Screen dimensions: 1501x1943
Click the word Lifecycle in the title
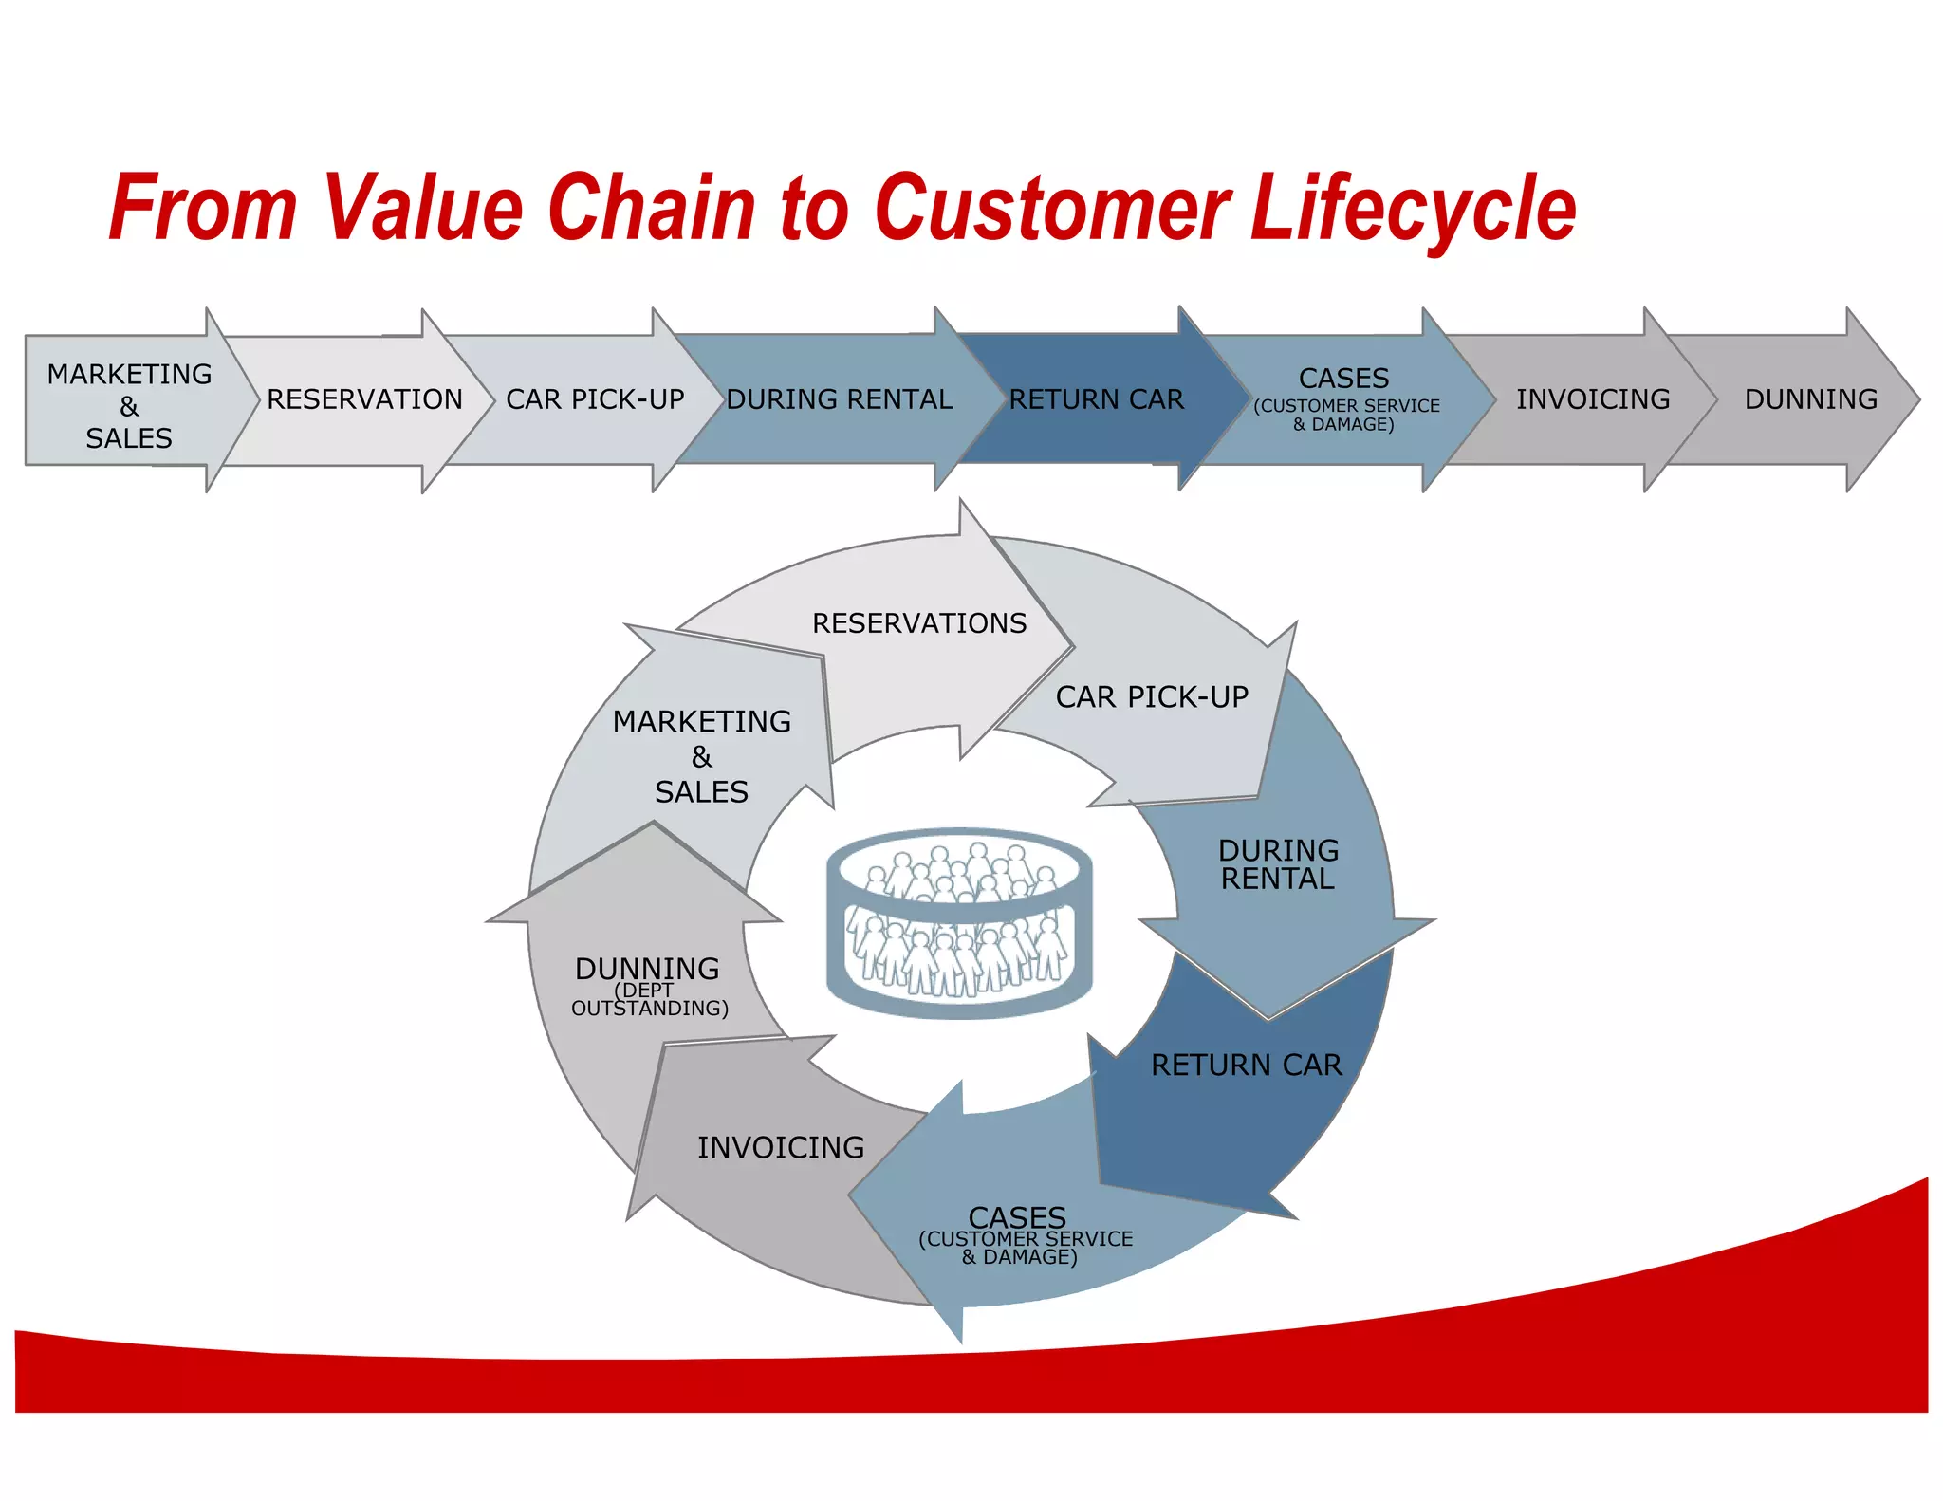(x=1413, y=209)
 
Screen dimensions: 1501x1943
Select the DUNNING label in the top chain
(x=1810, y=399)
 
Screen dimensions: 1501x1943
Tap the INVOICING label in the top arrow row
(x=1592, y=399)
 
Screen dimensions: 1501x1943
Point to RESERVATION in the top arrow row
(x=364, y=399)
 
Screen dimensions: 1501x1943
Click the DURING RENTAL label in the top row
(x=839, y=399)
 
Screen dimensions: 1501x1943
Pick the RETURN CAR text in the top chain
(x=1096, y=399)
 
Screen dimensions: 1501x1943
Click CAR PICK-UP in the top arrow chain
(x=595, y=399)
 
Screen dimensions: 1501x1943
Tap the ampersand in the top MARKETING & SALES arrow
(x=129, y=407)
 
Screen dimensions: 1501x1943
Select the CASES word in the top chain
(x=1343, y=379)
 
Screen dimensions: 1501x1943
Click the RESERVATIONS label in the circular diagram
(x=918, y=623)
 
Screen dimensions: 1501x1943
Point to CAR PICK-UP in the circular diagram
(x=1151, y=697)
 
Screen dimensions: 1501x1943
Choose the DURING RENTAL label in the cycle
(x=1277, y=864)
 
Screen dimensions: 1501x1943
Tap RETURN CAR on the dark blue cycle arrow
(x=1246, y=1066)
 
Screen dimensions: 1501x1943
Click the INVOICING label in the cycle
(x=780, y=1148)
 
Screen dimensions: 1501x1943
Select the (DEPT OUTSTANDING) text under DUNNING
(x=649, y=1000)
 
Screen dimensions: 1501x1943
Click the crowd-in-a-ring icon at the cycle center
(x=959, y=921)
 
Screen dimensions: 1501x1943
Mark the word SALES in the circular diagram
(x=701, y=792)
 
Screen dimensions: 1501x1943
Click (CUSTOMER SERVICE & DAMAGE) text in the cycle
(x=1024, y=1248)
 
